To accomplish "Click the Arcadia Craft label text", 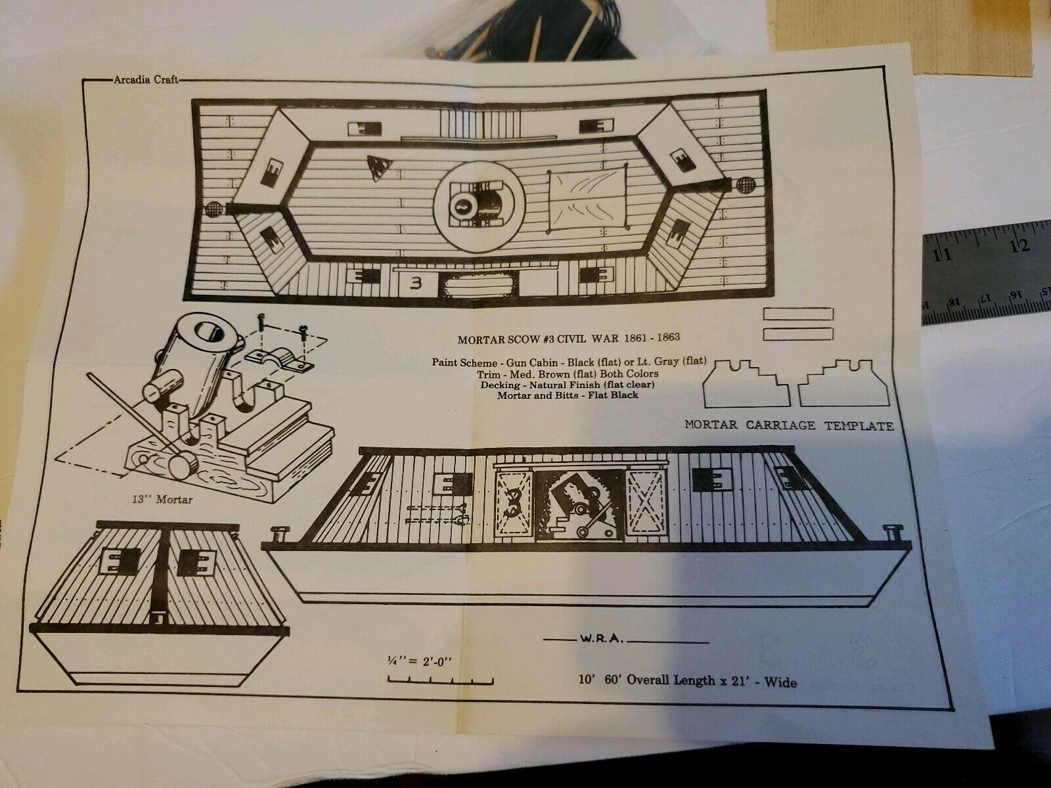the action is pos(146,79).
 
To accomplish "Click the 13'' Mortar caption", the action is pos(162,500).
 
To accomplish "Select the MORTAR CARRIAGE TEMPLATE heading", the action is pos(789,426).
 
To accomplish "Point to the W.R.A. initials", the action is pos(602,639).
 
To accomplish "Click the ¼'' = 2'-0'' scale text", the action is pos(420,661).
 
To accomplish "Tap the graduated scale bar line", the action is pos(440,680).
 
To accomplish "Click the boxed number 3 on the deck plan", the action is pos(416,284).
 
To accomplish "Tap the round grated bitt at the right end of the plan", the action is pos(745,185).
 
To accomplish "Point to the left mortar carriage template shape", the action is pos(746,383).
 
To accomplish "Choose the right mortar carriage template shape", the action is pos(843,383).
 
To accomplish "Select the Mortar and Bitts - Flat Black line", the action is pos(568,395).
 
